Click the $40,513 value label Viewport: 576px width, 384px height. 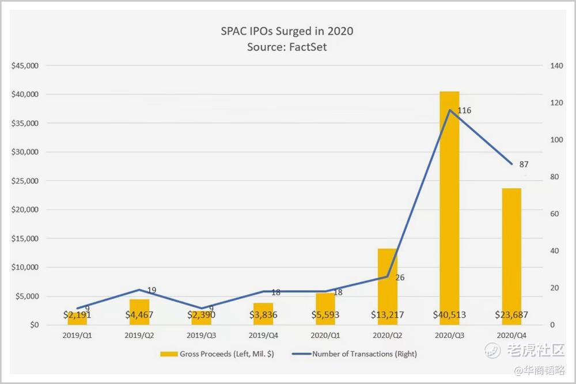tap(449, 315)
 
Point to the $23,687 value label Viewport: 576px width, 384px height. tap(511, 315)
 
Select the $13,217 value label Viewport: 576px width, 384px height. tap(387, 315)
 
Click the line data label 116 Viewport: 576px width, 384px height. tap(464, 110)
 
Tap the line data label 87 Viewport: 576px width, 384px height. tap(524, 164)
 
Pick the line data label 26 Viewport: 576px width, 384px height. tap(400, 277)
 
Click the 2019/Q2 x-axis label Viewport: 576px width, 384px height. tap(139, 334)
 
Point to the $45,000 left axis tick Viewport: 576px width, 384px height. tap(25, 66)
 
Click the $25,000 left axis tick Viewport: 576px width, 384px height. tap(25, 181)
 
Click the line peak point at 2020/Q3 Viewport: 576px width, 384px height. tap(449, 109)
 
